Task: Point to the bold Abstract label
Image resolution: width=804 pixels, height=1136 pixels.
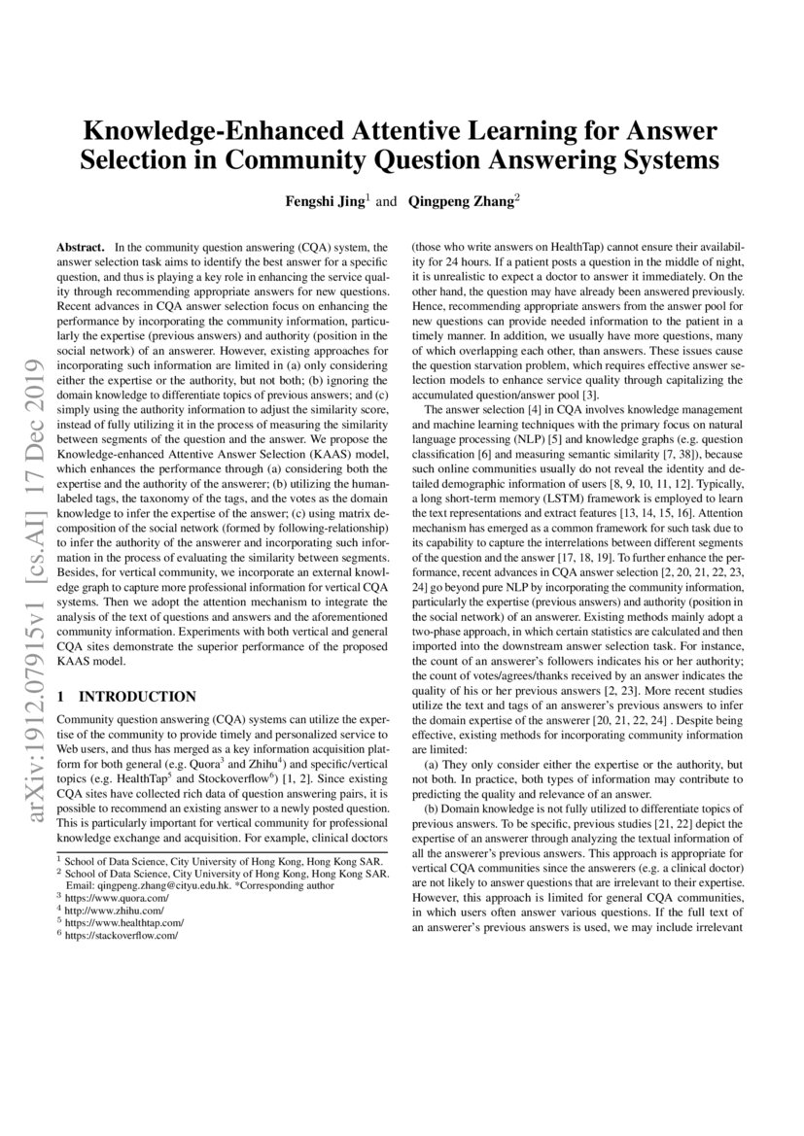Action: click(x=81, y=249)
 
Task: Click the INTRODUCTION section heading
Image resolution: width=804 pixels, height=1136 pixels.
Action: click(x=137, y=697)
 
